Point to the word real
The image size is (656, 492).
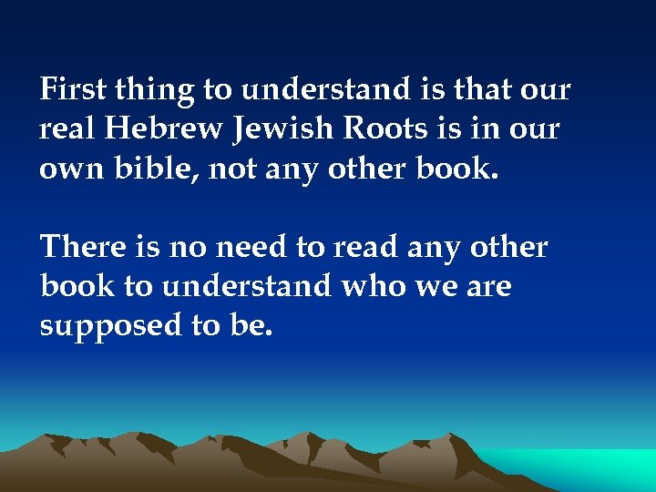67,129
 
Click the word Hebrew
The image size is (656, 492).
164,129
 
